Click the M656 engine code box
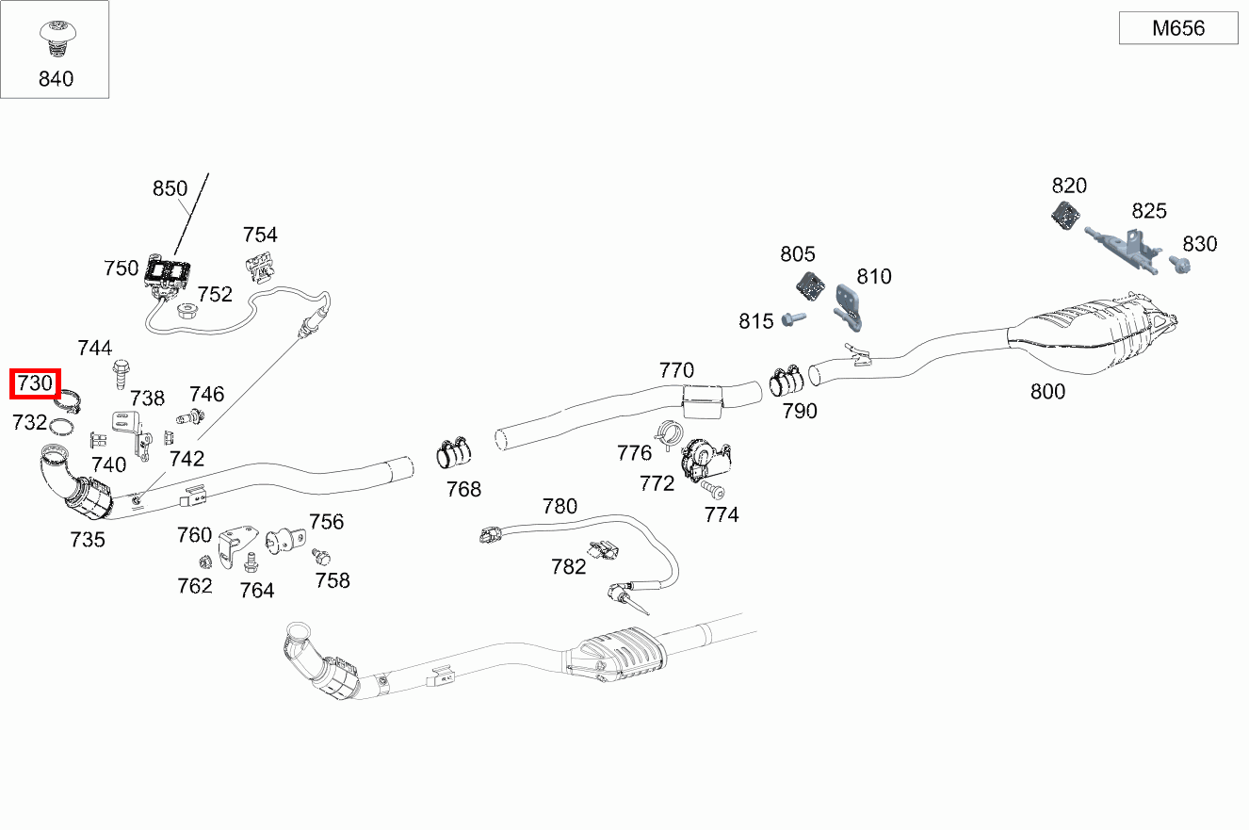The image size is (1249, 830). point(1177,28)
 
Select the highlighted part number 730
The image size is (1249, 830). point(35,384)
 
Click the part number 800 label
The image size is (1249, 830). point(1047,391)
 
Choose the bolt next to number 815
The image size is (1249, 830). point(792,320)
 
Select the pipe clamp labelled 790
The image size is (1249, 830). point(786,382)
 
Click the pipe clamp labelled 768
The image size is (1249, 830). point(452,454)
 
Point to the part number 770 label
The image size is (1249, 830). point(676,369)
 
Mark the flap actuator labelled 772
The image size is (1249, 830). point(707,459)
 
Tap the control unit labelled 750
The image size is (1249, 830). point(169,274)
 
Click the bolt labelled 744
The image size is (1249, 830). point(121,374)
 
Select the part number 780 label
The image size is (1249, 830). point(560,506)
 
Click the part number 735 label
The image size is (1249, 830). point(88,540)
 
